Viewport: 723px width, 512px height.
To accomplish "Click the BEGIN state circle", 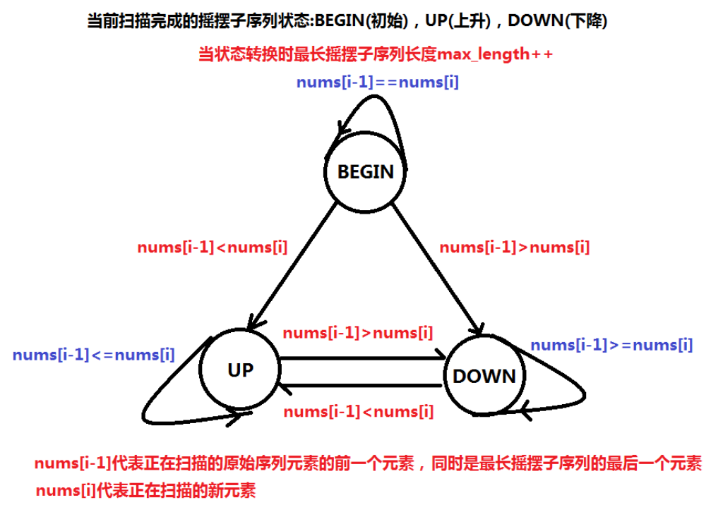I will (x=365, y=172).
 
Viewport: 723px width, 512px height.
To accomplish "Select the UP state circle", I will (x=240, y=370).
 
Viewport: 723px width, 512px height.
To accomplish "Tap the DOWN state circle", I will (x=484, y=375).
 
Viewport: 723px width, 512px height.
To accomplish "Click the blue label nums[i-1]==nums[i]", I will (x=378, y=83).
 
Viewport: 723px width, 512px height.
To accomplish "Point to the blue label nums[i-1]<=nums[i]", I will (x=93, y=355).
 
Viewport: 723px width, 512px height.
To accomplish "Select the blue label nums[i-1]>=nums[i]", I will (x=611, y=345).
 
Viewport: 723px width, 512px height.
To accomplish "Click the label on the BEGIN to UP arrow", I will (x=212, y=248).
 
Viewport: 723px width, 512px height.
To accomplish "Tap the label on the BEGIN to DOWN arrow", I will (x=514, y=248).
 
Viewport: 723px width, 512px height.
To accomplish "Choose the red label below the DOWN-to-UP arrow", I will (x=358, y=412).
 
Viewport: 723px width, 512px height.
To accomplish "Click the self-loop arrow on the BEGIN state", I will (x=381, y=106).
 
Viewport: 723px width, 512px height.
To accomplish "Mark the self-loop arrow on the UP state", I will (x=152, y=409).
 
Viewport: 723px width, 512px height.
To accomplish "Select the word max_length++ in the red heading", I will (x=494, y=54).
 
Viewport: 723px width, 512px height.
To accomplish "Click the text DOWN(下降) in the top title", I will (x=558, y=21).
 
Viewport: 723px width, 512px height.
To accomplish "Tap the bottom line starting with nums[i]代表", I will (x=145, y=490).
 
